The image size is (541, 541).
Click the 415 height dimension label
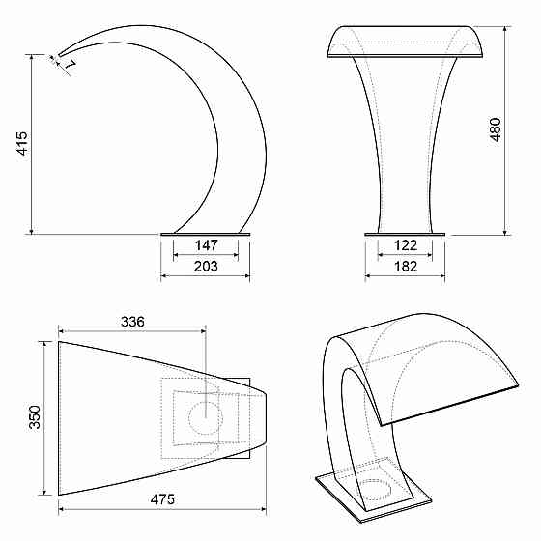click(22, 143)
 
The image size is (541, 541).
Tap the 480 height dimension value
click(496, 129)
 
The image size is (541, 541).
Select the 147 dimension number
click(206, 245)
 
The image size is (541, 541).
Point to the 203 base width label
click(206, 266)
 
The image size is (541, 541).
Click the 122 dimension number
click(406, 245)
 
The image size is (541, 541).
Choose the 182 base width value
click(406, 266)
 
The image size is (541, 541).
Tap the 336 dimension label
click(132, 322)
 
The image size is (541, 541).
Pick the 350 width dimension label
click(35, 417)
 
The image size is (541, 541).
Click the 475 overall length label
click(162, 499)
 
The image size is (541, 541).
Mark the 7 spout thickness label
click(70, 65)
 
